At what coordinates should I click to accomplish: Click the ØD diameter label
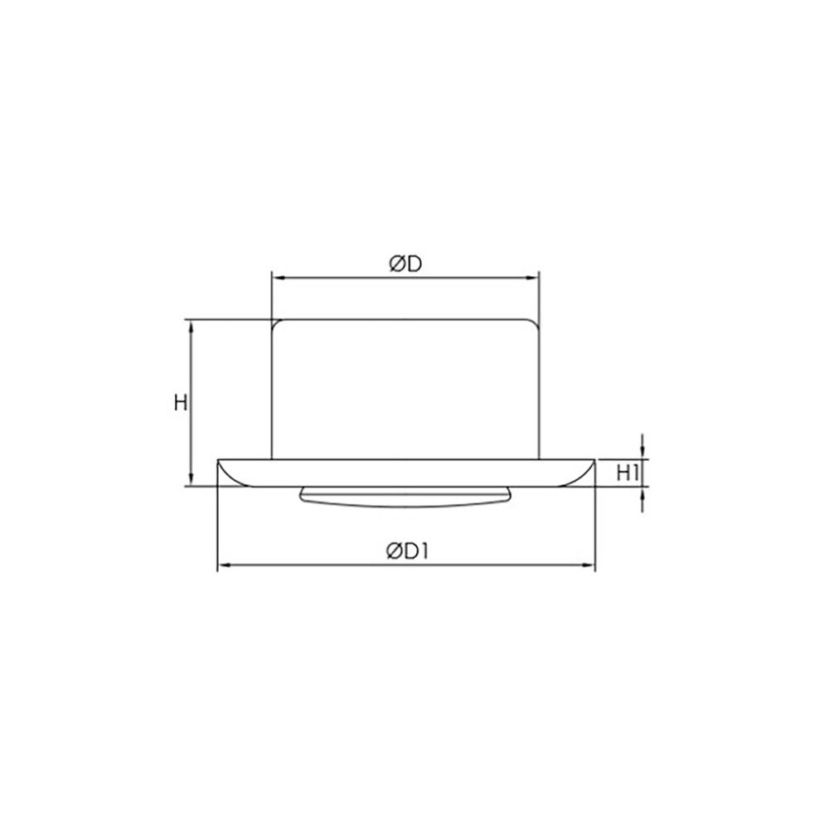point(405,264)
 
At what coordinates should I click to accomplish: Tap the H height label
point(180,403)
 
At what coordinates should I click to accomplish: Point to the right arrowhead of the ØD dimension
point(535,279)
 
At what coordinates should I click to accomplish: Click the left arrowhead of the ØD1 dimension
point(222,567)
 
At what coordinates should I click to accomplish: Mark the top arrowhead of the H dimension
point(192,325)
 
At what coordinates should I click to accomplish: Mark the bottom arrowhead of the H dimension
point(192,481)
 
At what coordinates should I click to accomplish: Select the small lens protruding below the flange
point(405,495)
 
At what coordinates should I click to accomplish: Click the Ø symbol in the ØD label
point(396,264)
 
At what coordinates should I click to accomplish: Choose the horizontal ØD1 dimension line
point(332,567)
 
